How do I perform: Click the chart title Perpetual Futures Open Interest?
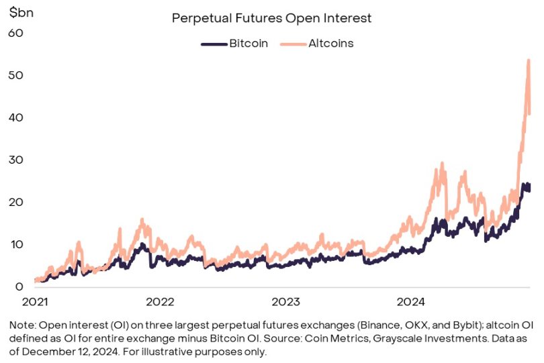271,18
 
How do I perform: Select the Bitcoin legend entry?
248,44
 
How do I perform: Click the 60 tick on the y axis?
15,32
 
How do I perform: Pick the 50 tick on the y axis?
15,74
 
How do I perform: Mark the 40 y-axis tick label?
15,117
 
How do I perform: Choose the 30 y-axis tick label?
15,160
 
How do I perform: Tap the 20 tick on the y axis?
15,202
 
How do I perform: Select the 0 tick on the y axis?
19,287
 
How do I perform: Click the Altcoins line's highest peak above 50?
529,60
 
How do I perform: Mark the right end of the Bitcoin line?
530,187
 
